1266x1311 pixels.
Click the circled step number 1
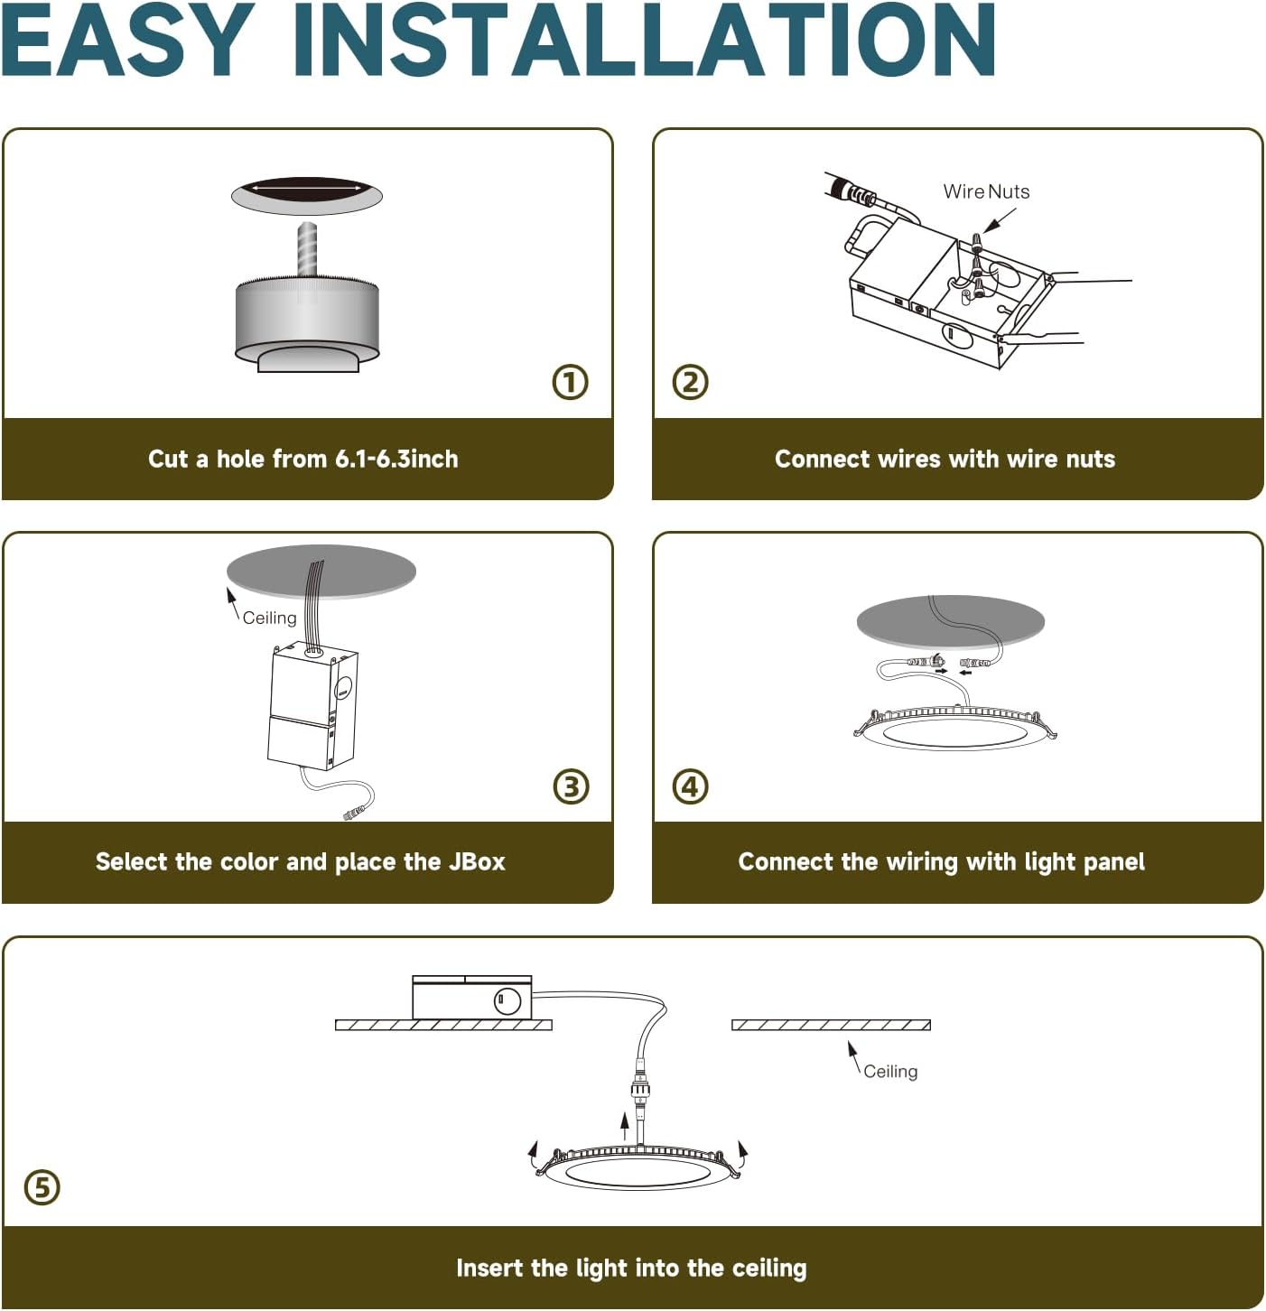tap(570, 382)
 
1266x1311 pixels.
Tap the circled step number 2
tap(691, 382)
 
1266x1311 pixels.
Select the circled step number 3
tap(570, 786)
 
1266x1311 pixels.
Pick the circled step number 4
tap(691, 786)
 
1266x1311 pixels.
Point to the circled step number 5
tap(42, 1186)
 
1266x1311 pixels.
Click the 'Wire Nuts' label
tap(986, 191)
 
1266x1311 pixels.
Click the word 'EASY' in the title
tap(129, 42)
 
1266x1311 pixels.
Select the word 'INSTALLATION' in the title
tap(644, 42)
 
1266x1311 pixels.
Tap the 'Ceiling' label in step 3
tap(269, 618)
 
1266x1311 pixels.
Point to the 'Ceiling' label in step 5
tap(890, 1072)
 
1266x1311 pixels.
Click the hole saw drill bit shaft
tap(307, 248)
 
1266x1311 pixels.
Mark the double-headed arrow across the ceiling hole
tap(307, 188)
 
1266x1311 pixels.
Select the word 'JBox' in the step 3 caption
tap(477, 861)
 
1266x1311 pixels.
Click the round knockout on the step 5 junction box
tap(507, 1000)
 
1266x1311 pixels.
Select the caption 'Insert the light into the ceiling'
tap(631, 1268)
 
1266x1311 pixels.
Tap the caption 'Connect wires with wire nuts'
tap(945, 459)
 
